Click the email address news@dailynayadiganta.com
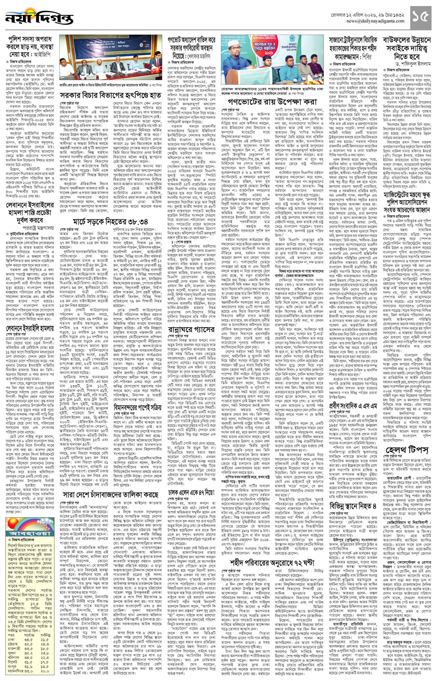coord(375,21)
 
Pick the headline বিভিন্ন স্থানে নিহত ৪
coord(353,506)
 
